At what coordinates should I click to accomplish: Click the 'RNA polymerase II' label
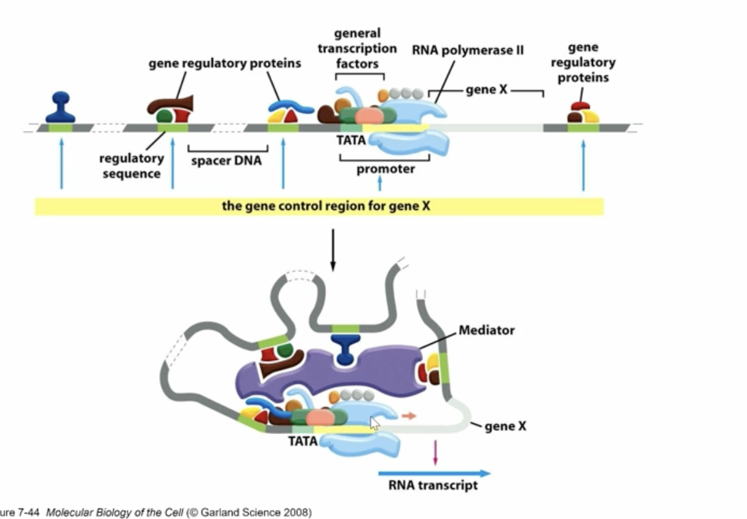pyautogui.click(x=468, y=50)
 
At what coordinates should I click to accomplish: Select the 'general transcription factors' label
pyautogui.click(x=366, y=48)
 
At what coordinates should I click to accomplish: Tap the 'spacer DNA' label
pyautogui.click(x=227, y=160)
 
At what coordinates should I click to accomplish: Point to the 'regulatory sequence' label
pyautogui.click(x=131, y=165)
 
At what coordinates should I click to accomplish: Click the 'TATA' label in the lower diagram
pyautogui.click(x=303, y=441)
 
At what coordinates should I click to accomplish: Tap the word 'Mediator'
pyautogui.click(x=486, y=330)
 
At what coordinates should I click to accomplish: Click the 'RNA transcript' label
pyautogui.click(x=433, y=485)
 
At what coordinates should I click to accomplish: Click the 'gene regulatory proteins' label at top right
pyautogui.click(x=583, y=62)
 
